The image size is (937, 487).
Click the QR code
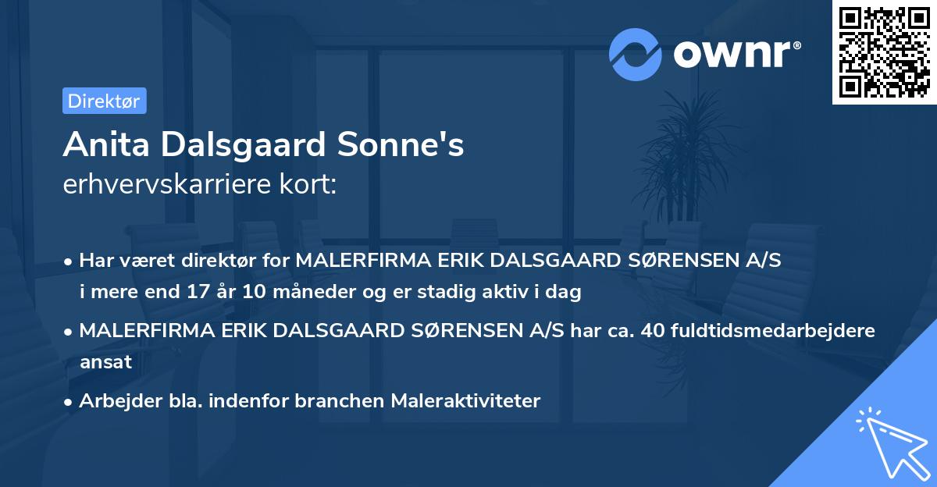tap(885, 52)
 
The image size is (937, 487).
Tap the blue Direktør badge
tap(104, 101)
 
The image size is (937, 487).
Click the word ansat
tap(105, 362)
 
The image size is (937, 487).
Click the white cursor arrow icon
tap(889, 441)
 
